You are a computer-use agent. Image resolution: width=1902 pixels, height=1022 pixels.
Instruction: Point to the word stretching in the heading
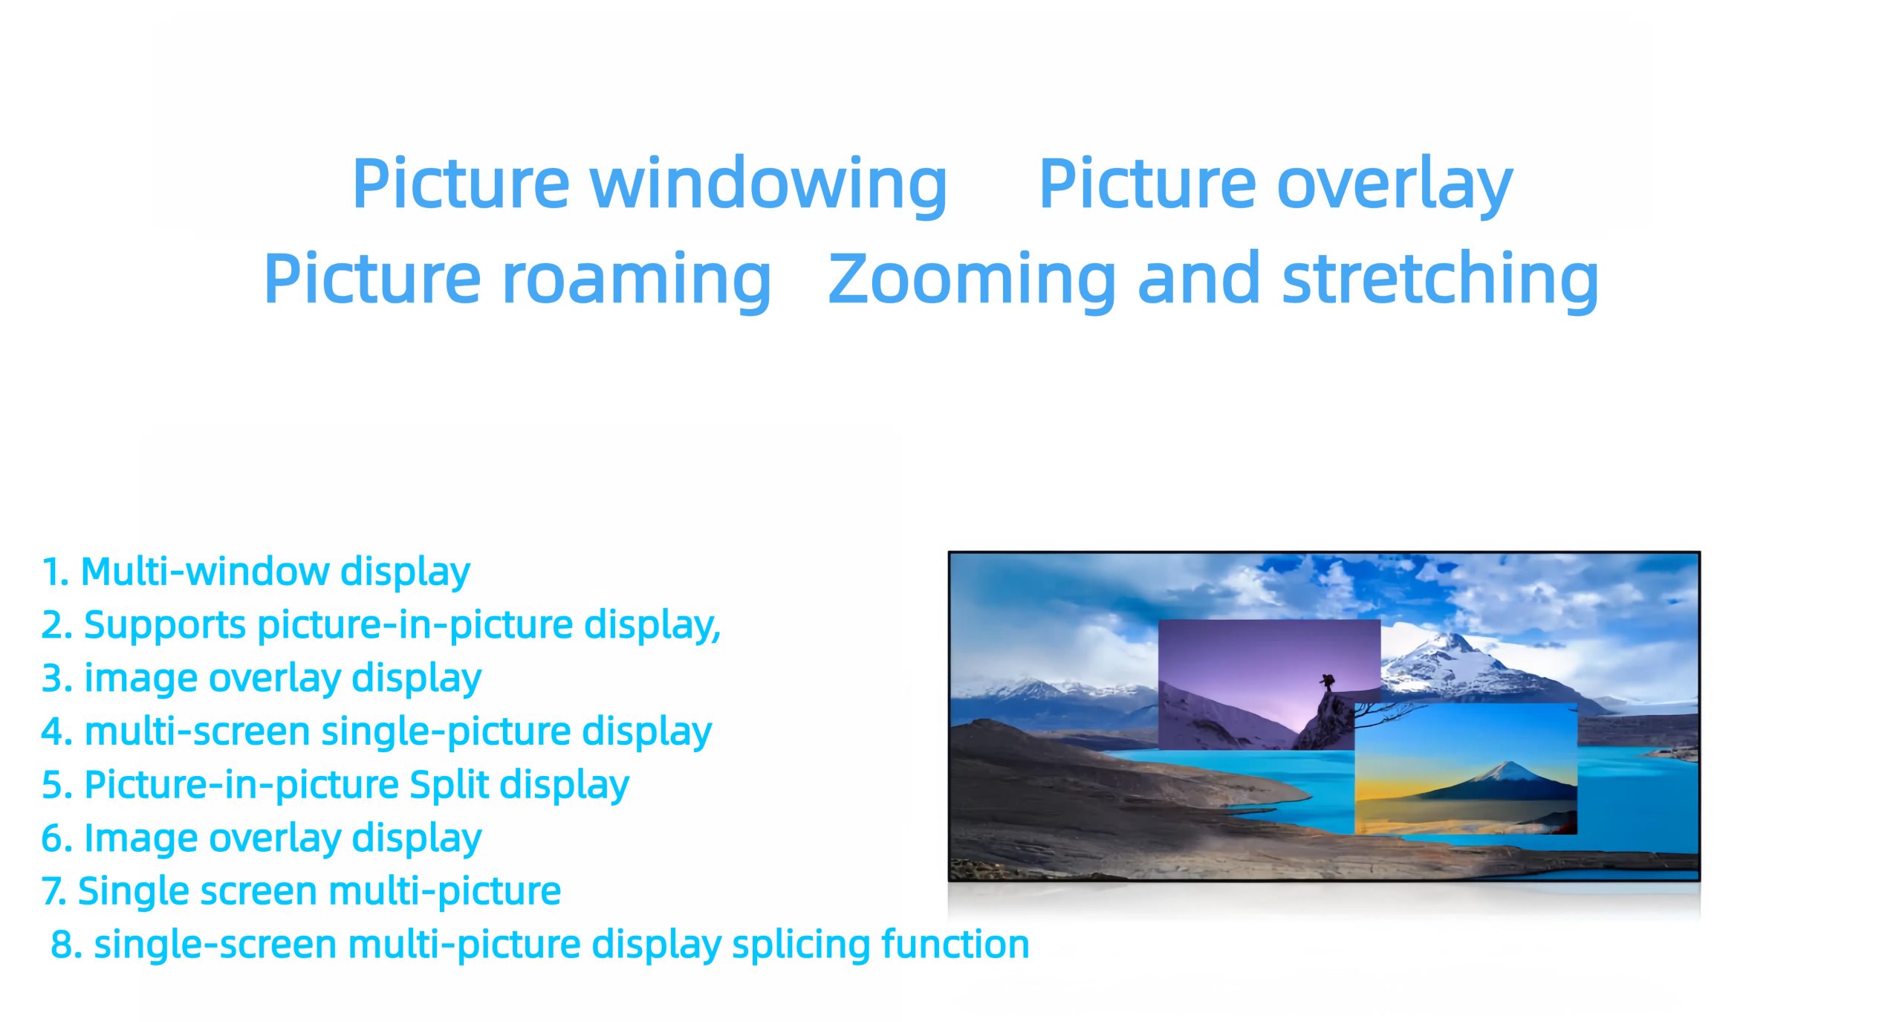click(x=1441, y=280)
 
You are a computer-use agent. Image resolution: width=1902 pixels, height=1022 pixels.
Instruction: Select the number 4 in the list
click(x=53, y=732)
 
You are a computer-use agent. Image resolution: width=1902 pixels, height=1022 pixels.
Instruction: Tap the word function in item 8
click(x=955, y=944)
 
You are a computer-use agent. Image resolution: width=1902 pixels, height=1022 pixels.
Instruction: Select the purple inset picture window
click(x=1269, y=684)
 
